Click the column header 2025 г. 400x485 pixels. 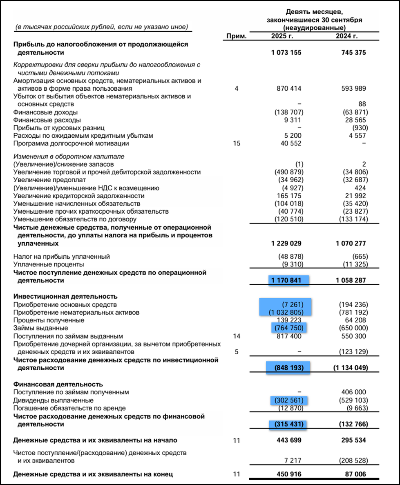[283, 36]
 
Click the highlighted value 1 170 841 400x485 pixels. [286, 281]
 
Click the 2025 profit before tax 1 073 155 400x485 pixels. [286, 53]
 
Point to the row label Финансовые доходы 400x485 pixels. [45, 112]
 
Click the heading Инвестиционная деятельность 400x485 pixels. [65, 296]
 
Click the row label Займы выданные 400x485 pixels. [40, 328]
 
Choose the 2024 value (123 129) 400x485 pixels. [354, 352]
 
